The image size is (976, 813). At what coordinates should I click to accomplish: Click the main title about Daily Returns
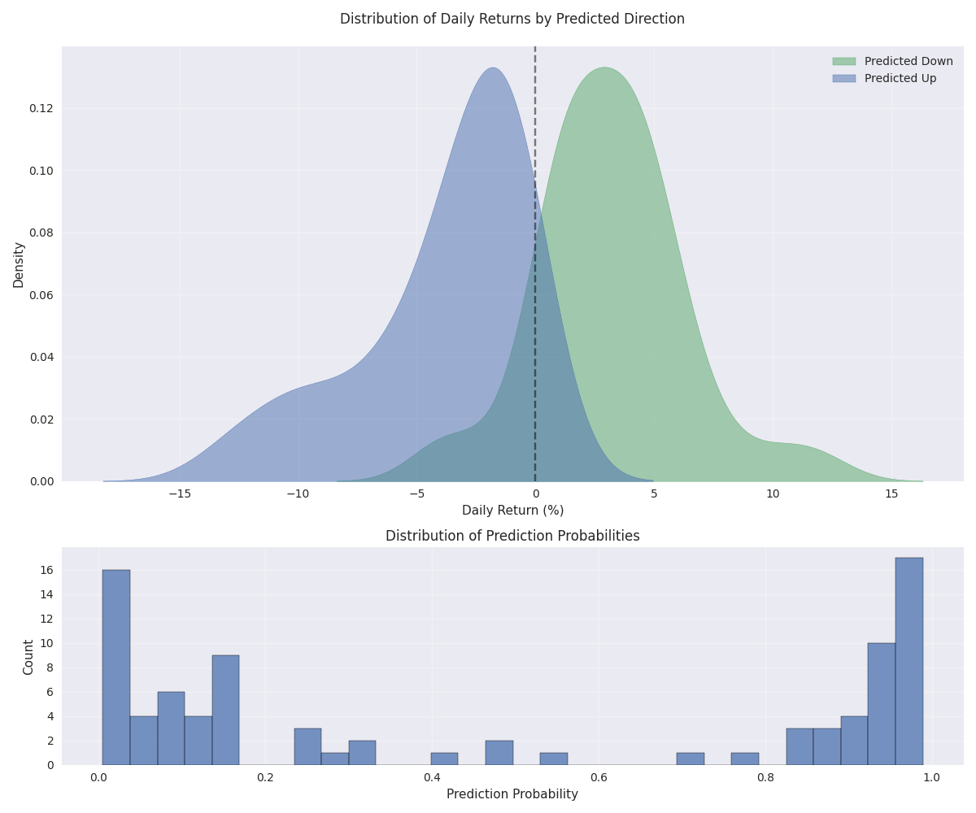[x=512, y=19]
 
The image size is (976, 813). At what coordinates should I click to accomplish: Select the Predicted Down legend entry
[x=908, y=61]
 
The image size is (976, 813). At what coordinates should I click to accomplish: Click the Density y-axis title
[x=18, y=264]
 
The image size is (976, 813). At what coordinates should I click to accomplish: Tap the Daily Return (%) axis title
[x=512, y=511]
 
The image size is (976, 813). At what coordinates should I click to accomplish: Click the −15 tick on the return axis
[x=180, y=493]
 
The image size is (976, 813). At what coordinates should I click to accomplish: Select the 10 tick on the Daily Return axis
[x=773, y=493]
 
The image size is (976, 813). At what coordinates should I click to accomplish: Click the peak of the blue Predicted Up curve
[x=493, y=68]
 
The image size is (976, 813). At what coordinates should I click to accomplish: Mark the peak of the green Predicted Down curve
[x=604, y=68]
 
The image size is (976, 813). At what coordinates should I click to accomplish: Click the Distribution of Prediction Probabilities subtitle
[x=512, y=536]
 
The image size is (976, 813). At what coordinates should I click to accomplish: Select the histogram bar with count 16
[x=116, y=667]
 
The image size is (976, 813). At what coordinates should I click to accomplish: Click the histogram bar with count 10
[x=881, y=703]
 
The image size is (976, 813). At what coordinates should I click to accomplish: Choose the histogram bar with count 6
[x=171, y=728]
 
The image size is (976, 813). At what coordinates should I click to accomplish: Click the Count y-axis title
[x=28, y=656]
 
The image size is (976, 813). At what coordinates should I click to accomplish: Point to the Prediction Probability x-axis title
[x=512, y=794]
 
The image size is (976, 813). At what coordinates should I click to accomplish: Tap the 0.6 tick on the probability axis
[x=599, y=777]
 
